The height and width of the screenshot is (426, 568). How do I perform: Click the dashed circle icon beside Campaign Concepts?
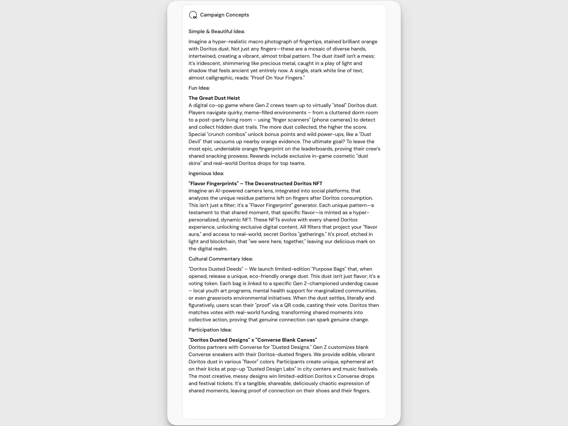(193, 15)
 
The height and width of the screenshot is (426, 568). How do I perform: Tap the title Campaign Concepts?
(224, 15)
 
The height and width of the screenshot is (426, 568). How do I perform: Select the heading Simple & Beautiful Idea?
(216, 32)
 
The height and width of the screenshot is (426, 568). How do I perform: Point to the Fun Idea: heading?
(199, 88)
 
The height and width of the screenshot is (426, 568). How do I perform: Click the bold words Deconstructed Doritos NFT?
(283, 184)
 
